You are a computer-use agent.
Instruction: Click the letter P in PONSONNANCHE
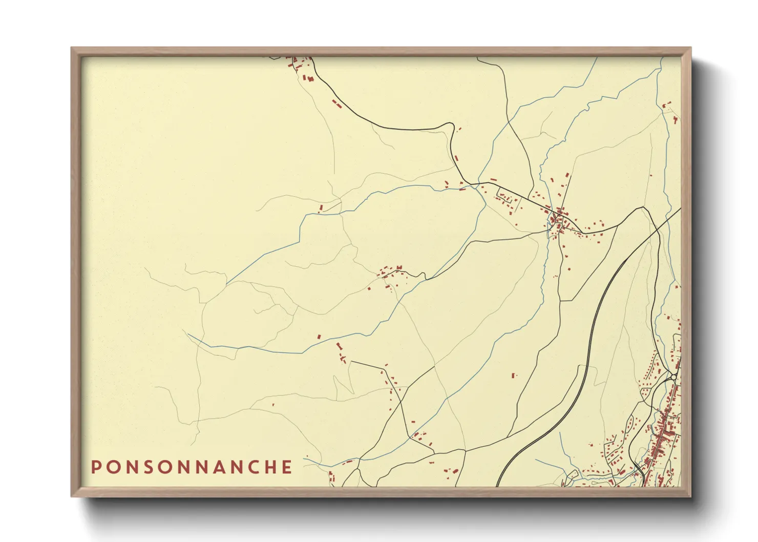[96, 467]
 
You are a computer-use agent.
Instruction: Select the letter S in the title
[149, 467]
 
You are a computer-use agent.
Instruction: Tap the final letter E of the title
[287, 467]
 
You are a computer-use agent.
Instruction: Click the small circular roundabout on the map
[674, 377]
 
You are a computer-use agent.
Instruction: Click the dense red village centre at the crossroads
[558, 220]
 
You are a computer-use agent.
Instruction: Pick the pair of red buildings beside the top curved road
[336, 104]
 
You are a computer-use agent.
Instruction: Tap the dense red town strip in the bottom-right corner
[666, 435]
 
